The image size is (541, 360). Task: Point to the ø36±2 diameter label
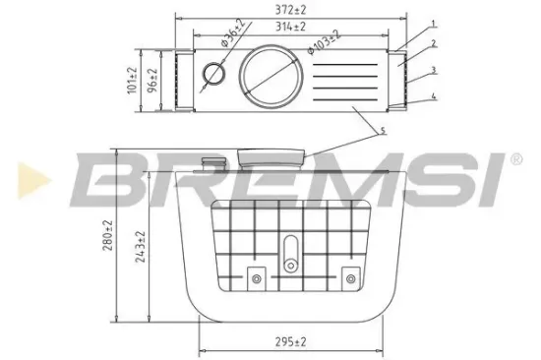[227, 41]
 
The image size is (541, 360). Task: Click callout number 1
[432, 24]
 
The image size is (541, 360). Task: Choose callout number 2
[432, 45]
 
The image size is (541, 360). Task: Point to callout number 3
[432, 71]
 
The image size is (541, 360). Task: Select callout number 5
[382, 131]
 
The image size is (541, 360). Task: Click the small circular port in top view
[211, 74]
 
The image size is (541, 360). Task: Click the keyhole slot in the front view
[289, 253]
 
